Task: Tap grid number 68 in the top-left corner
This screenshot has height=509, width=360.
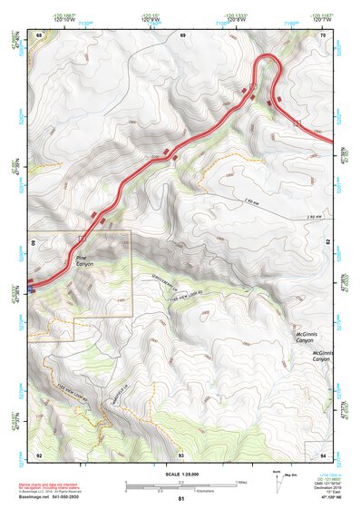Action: (39, 34)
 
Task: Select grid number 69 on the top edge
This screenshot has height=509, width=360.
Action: (181, 34)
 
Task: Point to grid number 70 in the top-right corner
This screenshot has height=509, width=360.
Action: (324, 34)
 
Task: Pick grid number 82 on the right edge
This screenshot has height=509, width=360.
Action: (326, 243)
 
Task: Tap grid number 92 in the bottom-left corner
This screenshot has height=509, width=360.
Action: (39, 453)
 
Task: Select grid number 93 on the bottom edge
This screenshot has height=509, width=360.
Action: (181, 453)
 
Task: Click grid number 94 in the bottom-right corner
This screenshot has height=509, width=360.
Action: (324, 453)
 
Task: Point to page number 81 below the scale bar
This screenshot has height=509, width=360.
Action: (181, 498)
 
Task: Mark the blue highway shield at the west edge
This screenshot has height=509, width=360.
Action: (31, 289)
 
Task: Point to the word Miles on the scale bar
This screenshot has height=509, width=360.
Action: (240, 481)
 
